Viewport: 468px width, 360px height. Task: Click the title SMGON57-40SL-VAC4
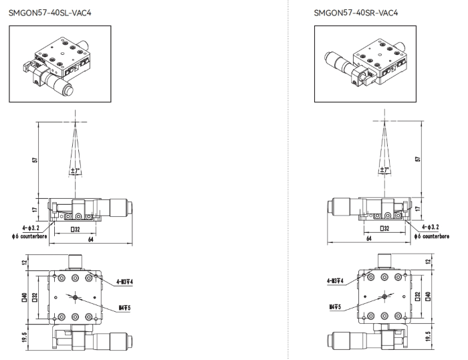(50, 13)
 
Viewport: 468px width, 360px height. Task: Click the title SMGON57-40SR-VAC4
(356, 13)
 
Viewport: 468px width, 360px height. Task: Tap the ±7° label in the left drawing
(76, 171)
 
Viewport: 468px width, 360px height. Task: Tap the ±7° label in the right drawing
(384, 170)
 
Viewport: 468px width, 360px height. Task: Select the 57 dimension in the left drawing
(35, 160)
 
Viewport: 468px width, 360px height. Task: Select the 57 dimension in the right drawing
(418, 159)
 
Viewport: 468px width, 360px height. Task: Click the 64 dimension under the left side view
(91, 240)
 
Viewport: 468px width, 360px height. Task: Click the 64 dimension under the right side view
(369, 238)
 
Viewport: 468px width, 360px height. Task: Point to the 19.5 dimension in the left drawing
(25, 337)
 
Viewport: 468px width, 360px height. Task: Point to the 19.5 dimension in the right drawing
(429, 337)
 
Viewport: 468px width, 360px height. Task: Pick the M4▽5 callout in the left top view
(125, 308)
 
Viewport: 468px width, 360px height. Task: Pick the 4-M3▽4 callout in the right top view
(335, 281)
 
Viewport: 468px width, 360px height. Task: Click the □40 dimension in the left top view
(25, 297)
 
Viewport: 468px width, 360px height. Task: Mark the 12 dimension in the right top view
(429, 262)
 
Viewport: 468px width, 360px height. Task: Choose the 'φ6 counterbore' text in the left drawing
(29, 236)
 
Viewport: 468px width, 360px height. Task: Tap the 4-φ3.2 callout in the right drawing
(431, 227)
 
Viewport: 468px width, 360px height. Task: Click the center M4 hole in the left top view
(75, 297)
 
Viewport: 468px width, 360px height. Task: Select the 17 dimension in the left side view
(35, 209)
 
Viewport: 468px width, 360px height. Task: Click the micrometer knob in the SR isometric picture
(328, 58)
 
